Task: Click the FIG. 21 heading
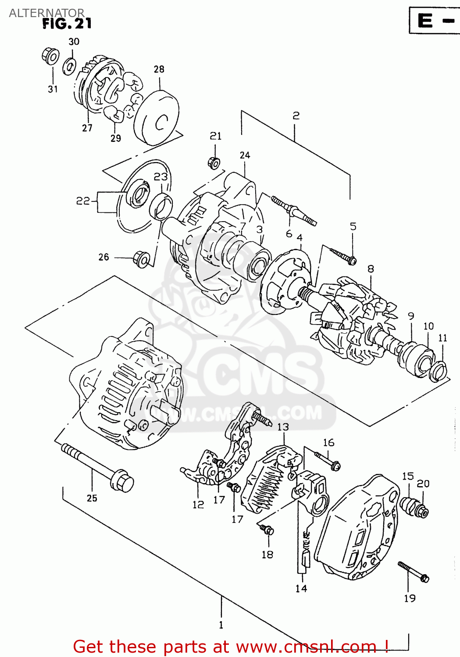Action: [67, 23]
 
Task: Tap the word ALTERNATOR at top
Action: [46, 13]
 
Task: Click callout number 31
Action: [53, 89]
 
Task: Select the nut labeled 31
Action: [51, 56]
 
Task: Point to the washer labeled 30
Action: [70, 66]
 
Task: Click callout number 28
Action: [159, 69]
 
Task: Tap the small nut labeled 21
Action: [214, 163]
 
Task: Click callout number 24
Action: [245, 155]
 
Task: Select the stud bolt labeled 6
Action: [294, 211]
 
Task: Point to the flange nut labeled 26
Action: [141, 259]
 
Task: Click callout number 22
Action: [83, 201]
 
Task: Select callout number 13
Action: [283, 427]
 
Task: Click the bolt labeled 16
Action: [328, 460]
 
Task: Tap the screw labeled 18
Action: [266, 530]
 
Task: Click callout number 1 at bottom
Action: [221, 625]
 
